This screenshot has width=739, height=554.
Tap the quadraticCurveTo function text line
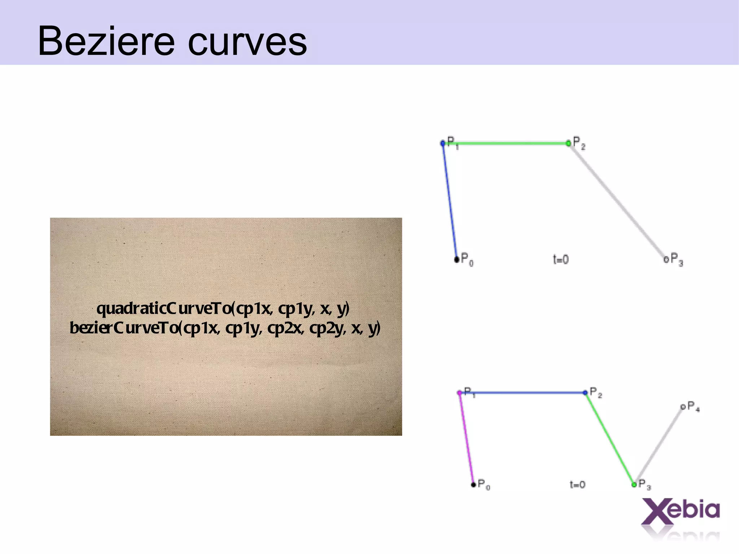tap(223, 309)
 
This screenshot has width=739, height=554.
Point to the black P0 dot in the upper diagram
tap(457, 259)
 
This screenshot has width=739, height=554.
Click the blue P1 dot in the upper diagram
tap(443, 143)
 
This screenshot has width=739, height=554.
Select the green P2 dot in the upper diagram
tap(569, 143)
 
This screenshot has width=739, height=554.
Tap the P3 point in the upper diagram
tap(666, 259)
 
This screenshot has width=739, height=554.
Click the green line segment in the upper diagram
tap(505, 143)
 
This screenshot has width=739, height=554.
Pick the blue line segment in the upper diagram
tap(450, 201)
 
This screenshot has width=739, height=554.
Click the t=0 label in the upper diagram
tap(561, 259)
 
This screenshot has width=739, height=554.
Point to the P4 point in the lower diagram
tap(683, 407)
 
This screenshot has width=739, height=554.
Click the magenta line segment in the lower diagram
tap(466, 438)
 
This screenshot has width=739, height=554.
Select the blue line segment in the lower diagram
tap(522, 393)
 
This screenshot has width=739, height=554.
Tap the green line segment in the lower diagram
tap(609, 438)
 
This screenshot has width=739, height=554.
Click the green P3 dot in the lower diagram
tap(634, 484)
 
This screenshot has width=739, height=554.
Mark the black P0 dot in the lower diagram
tap(473, 484)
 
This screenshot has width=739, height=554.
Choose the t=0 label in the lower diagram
tap(577, 484)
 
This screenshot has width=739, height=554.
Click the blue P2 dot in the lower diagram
tap(585, 393)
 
